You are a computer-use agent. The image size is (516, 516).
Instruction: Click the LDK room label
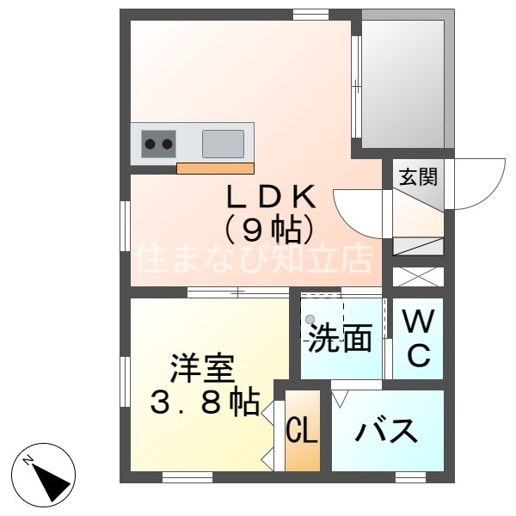click(270, 197)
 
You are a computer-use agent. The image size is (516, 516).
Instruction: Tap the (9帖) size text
click(268, 229)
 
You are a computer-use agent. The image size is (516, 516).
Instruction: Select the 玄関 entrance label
click(418, 177)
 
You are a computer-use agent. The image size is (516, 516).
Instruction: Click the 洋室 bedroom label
click(201, 369)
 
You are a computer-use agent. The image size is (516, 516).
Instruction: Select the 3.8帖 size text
click(205, 402)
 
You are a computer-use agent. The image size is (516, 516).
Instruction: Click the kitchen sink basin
click(223, 143)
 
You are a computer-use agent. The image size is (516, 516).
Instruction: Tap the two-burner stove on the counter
click(158, 144)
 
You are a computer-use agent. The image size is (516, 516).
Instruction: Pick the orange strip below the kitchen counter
click(216, 168)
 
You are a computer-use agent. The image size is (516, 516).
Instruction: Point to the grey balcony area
click(402, 82)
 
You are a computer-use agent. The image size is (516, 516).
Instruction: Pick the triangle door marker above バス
click(340, 398)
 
